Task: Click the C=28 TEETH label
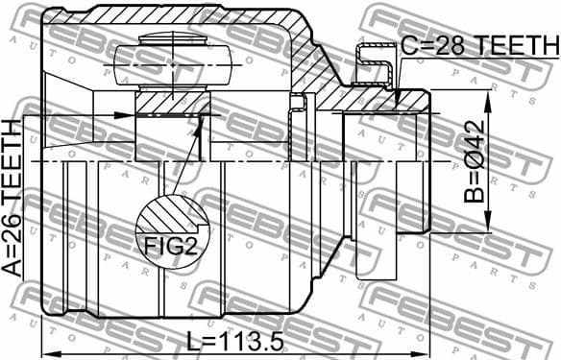[x=478, y=45]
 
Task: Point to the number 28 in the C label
[x=443, y=45]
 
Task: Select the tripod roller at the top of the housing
[x=173, y=61]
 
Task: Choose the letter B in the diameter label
[x=475, y=193]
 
